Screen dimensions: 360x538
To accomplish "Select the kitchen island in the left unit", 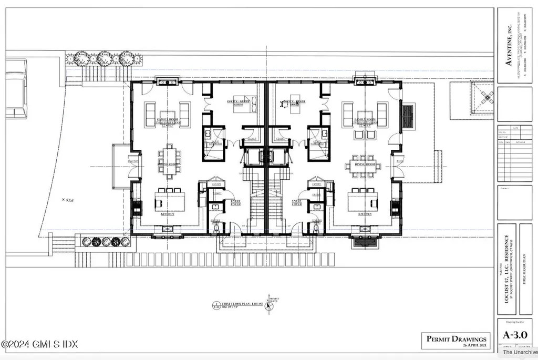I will click(x=170, y=201).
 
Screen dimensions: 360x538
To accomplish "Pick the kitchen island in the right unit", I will click(x=363, y=200).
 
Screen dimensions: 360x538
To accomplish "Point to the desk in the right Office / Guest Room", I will click(x=288, y=105).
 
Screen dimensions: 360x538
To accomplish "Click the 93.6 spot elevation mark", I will click(x=66, y=200).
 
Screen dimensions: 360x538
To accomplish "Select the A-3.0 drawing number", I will click(x=515, y=335).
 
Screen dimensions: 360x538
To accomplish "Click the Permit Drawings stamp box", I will click(x=456, y=341).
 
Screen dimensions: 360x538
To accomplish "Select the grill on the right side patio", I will click(x=408, y=117).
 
